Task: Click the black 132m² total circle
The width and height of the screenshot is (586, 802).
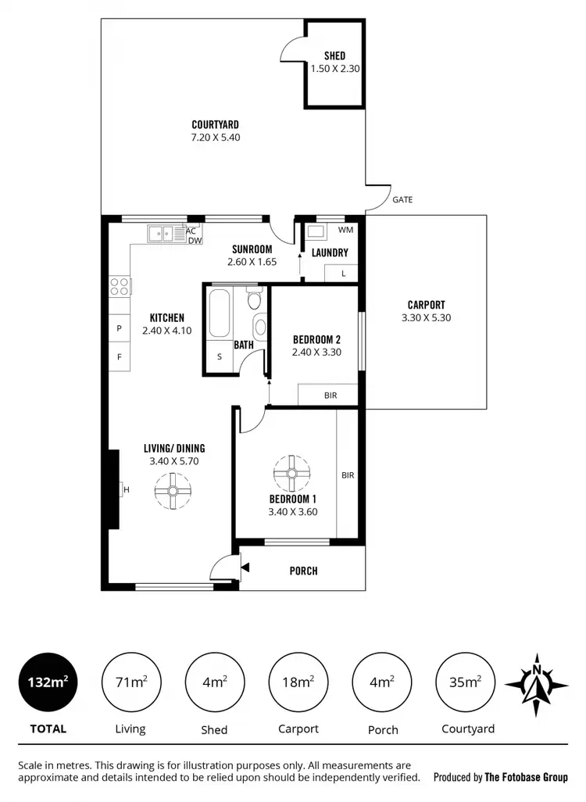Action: coord(47,682)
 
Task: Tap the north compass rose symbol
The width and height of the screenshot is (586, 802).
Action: coord(536,683)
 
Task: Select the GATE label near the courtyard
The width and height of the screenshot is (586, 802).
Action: coord(402,200)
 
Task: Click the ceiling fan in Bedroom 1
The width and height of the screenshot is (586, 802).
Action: coord(291,473)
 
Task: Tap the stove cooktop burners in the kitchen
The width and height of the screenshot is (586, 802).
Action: coord(120,286)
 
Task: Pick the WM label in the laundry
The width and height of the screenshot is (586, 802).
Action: coord(345,231)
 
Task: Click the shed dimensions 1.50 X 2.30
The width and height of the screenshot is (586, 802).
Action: coord(334,69)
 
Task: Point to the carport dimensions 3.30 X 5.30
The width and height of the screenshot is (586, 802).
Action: coord(426,318)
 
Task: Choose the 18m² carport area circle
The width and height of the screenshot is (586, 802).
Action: coord(298,682)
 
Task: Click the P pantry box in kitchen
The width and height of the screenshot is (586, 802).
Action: coord(120,329)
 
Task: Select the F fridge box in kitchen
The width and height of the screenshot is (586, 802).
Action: coord(120,357)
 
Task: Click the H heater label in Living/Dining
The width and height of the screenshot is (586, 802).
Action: coord(125,490)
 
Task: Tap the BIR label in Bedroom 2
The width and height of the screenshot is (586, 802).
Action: coord(331,396)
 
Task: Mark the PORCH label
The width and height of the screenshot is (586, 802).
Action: coord(303,571)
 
